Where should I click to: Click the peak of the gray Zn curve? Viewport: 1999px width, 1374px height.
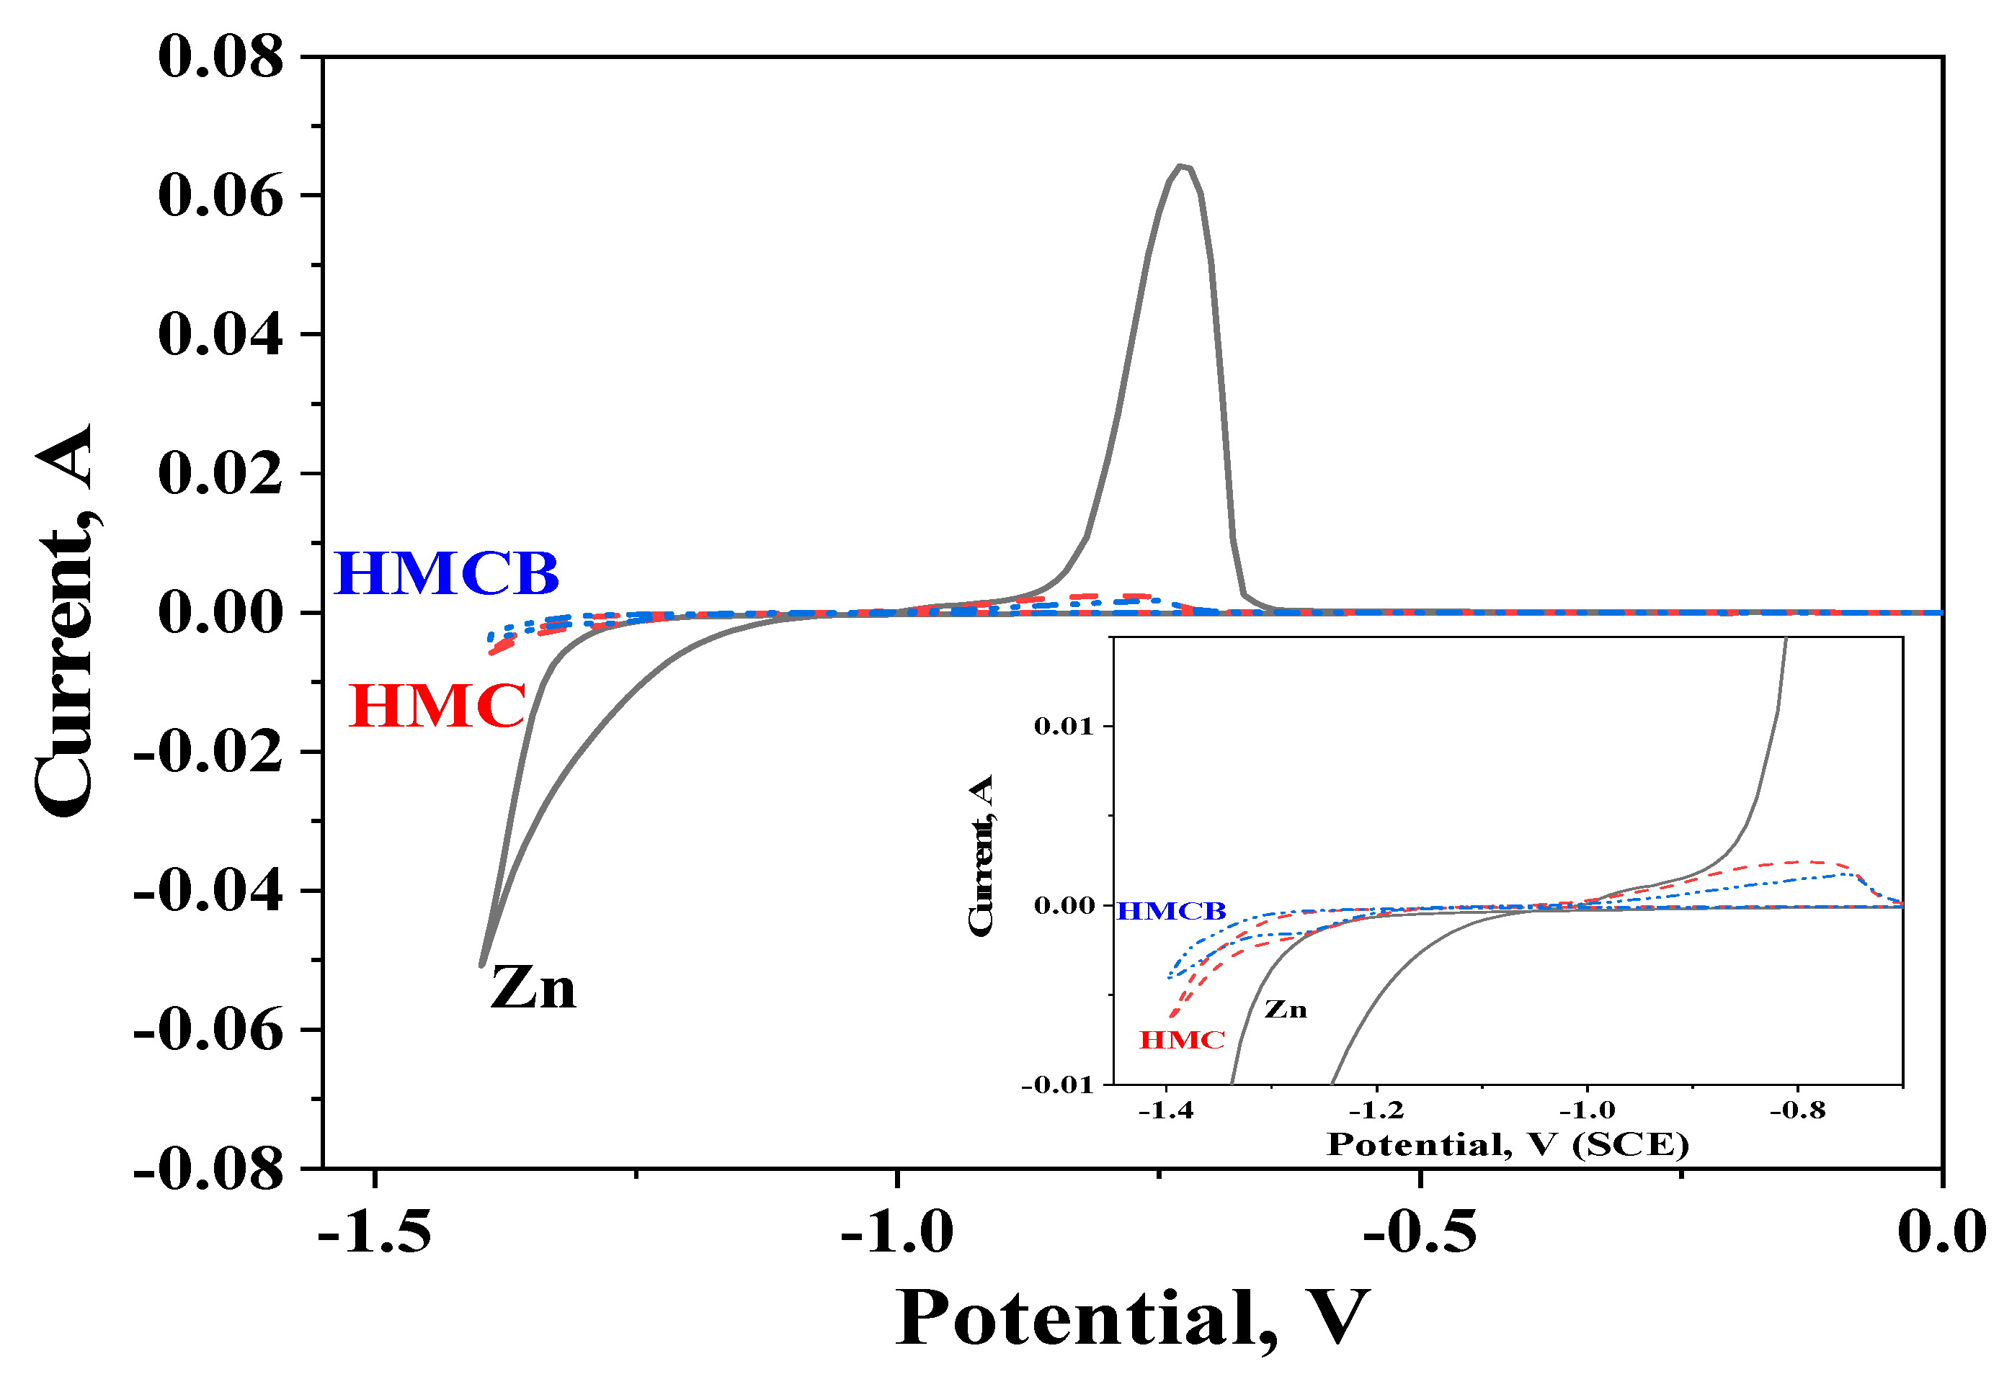tap(1183, 166)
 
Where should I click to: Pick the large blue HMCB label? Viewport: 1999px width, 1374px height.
tap(446, 573)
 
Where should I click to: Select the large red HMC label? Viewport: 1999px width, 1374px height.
tap(437, 706)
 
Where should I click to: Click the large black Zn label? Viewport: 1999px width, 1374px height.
tap(533, 987)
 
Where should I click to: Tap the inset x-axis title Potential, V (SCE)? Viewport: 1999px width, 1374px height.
tap(1508, 1145)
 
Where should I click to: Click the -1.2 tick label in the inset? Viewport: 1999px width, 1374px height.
tap(1376, 1110)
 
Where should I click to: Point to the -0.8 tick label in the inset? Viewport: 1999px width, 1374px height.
tap(1797, 1110)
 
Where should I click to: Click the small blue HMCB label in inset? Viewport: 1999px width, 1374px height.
tap(1170, 911)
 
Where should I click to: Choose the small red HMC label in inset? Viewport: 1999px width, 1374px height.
tap(1182, 1040)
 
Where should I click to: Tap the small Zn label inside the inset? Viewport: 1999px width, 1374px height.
tap(1285, 1009)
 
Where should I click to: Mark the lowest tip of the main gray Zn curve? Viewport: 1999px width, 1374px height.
tap(481, 965)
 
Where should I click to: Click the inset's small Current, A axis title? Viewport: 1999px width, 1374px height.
tap(981, 855)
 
